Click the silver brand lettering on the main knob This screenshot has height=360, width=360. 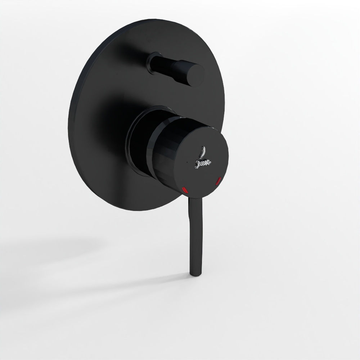[203, 164]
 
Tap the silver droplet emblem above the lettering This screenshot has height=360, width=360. [203, 150]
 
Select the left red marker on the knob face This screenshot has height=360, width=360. [185, 190]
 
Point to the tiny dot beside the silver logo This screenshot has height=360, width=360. [187, 163]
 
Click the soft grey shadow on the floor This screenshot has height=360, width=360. [54, 248]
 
